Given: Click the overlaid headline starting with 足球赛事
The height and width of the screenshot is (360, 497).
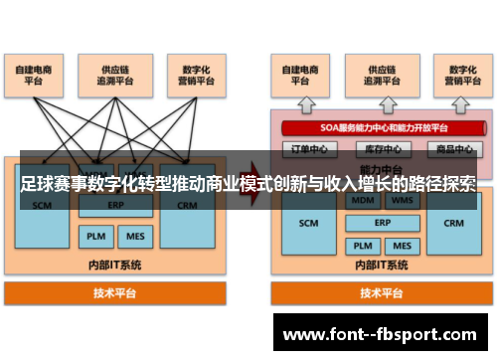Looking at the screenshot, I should point(248,185).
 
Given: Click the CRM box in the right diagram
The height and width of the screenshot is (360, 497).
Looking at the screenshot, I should point(453,222).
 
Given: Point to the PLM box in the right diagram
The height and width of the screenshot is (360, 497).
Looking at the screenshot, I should point(362,245).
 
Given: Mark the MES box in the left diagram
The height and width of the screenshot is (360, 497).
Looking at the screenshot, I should point(133,237).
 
